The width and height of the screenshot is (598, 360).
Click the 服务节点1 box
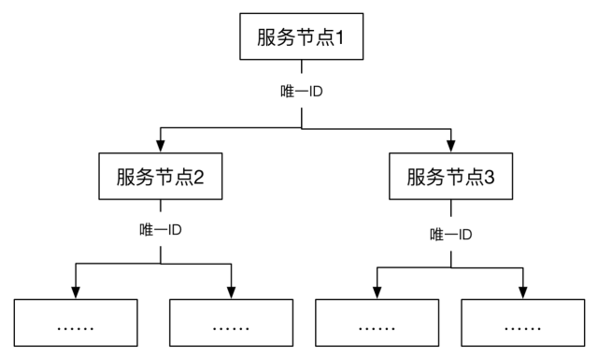pyautogui.click(x=302, y=37)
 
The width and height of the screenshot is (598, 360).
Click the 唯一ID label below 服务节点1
pyautogui.click(x=302, y=92)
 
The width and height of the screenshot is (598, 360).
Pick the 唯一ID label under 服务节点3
pyautogui.click(x=451, y=233)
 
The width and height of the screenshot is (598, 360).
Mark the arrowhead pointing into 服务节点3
pyautogui.click(x=451, y=148)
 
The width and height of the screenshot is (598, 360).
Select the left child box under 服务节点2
pyautogui.click(x=76, y=326)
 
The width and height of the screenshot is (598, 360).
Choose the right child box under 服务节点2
pyautogui.click(x=231, y=326)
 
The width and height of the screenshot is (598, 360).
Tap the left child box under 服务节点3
pyautogui.click(x=377, y=326)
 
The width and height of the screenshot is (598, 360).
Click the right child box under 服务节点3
pyautogui.click(x=523, y=326)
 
